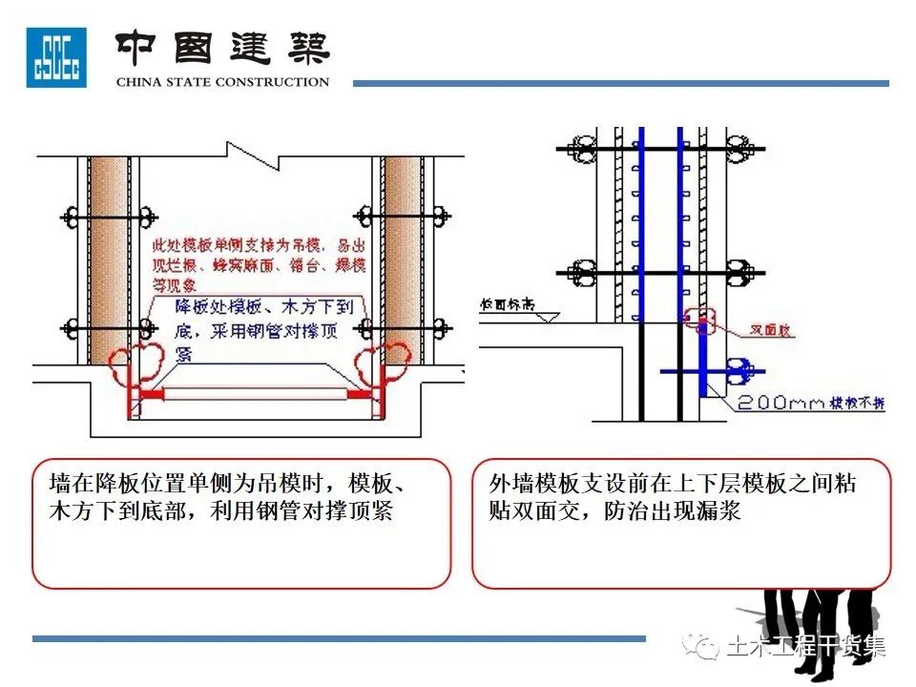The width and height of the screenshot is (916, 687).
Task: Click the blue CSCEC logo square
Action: click(55, 57)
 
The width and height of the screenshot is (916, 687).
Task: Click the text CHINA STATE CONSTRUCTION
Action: click(222, 82)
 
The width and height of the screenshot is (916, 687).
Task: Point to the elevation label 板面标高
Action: click(507, 304)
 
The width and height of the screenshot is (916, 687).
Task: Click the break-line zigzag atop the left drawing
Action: click(243, 149)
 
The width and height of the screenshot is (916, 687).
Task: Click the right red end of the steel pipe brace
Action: click(359, 393)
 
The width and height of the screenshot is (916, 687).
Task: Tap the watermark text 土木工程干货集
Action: click(806, 648)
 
